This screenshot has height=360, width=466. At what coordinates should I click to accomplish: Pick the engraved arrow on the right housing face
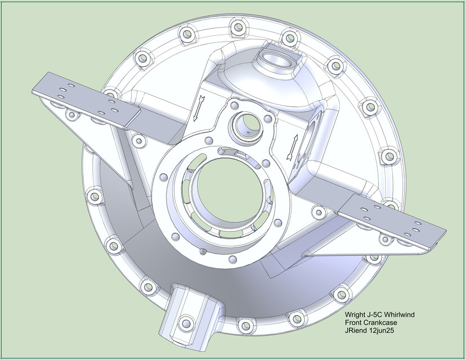point(292,146)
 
